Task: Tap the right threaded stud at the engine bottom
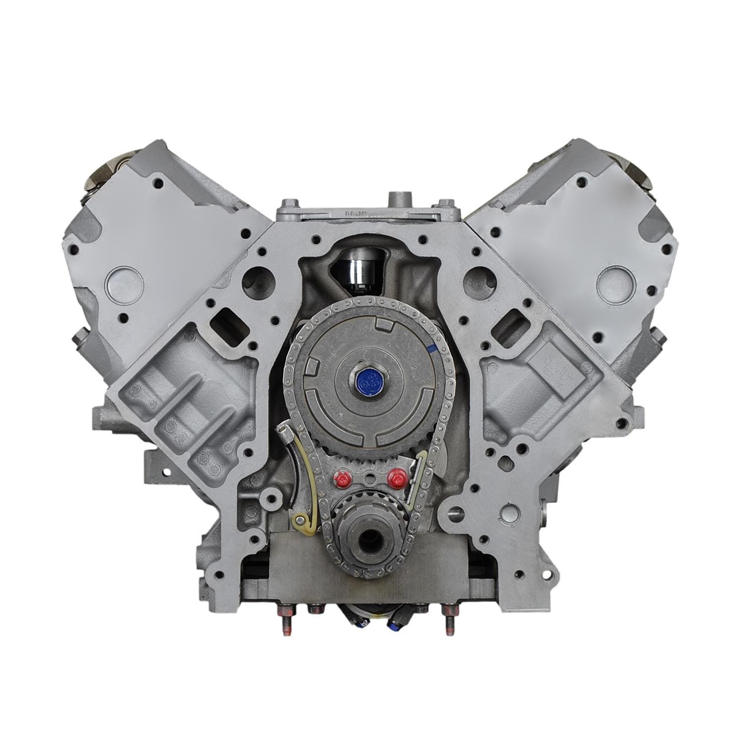(x=450, y=626)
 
